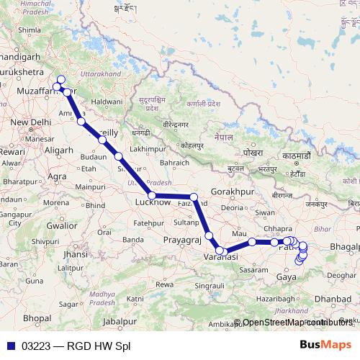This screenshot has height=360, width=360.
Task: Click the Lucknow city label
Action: coord(153,203)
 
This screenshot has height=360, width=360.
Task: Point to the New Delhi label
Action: coord(29,122)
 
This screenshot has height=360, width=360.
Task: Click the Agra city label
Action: coord(56,176)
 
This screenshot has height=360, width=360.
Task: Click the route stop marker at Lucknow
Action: coord(152,195)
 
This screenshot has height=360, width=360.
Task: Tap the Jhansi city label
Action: coord(76,254)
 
